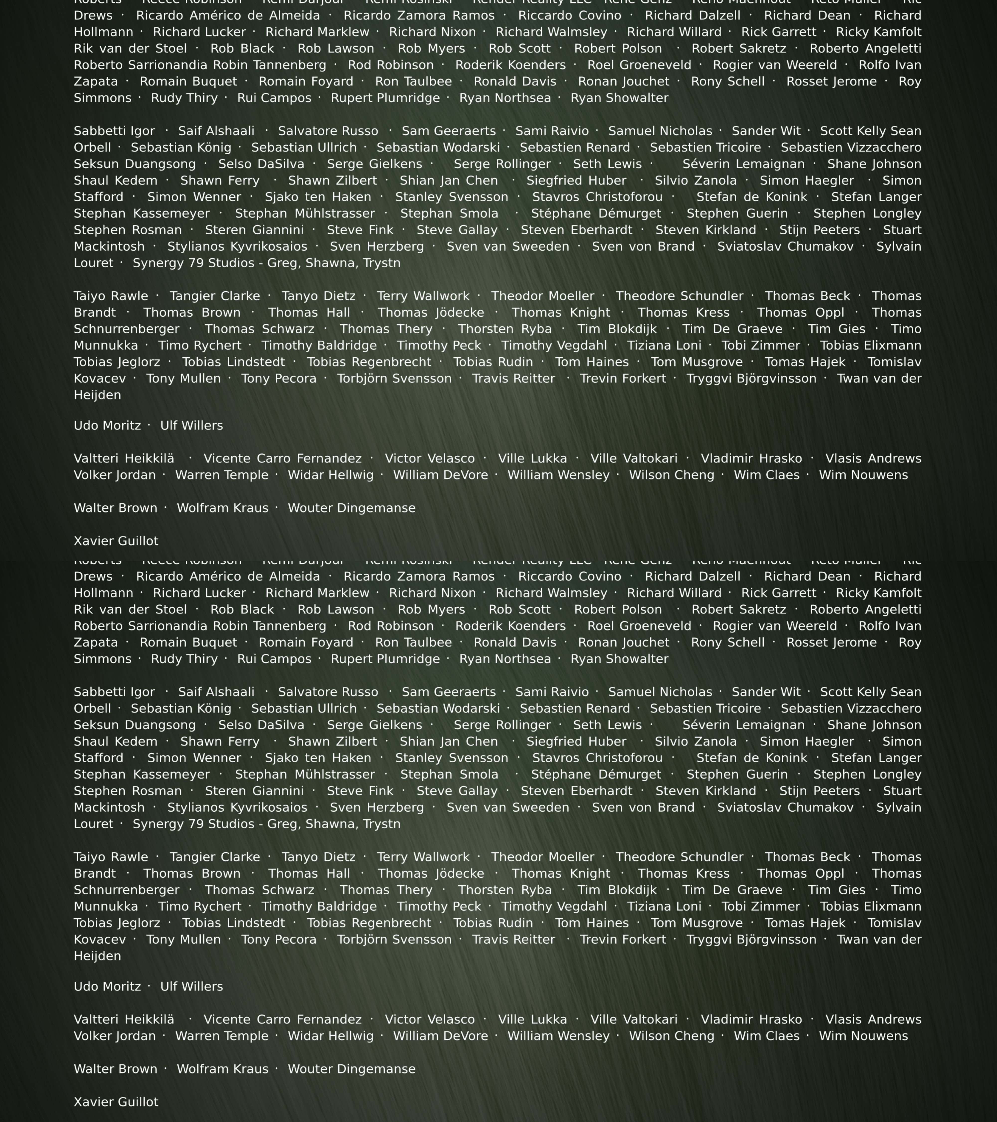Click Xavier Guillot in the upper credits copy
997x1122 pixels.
(116, 541)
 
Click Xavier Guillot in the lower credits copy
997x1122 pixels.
(116, 1102)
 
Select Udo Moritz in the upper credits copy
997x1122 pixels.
(107, 425)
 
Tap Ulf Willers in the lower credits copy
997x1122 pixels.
(191, 986)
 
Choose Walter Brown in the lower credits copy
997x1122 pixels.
(115, 1069)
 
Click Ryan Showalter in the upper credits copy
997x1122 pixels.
(619, 98)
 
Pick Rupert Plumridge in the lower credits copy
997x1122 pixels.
(385, 659)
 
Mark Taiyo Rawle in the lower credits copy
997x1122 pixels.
(111, 857)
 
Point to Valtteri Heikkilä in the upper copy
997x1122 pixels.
(124, 458)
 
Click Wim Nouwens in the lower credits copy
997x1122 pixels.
(863, 1036)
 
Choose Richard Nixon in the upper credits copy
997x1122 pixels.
(432, 32)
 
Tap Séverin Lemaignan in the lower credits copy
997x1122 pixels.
(744, 725)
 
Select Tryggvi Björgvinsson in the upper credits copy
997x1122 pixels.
(751, 378)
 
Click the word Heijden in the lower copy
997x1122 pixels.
(97, 956)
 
